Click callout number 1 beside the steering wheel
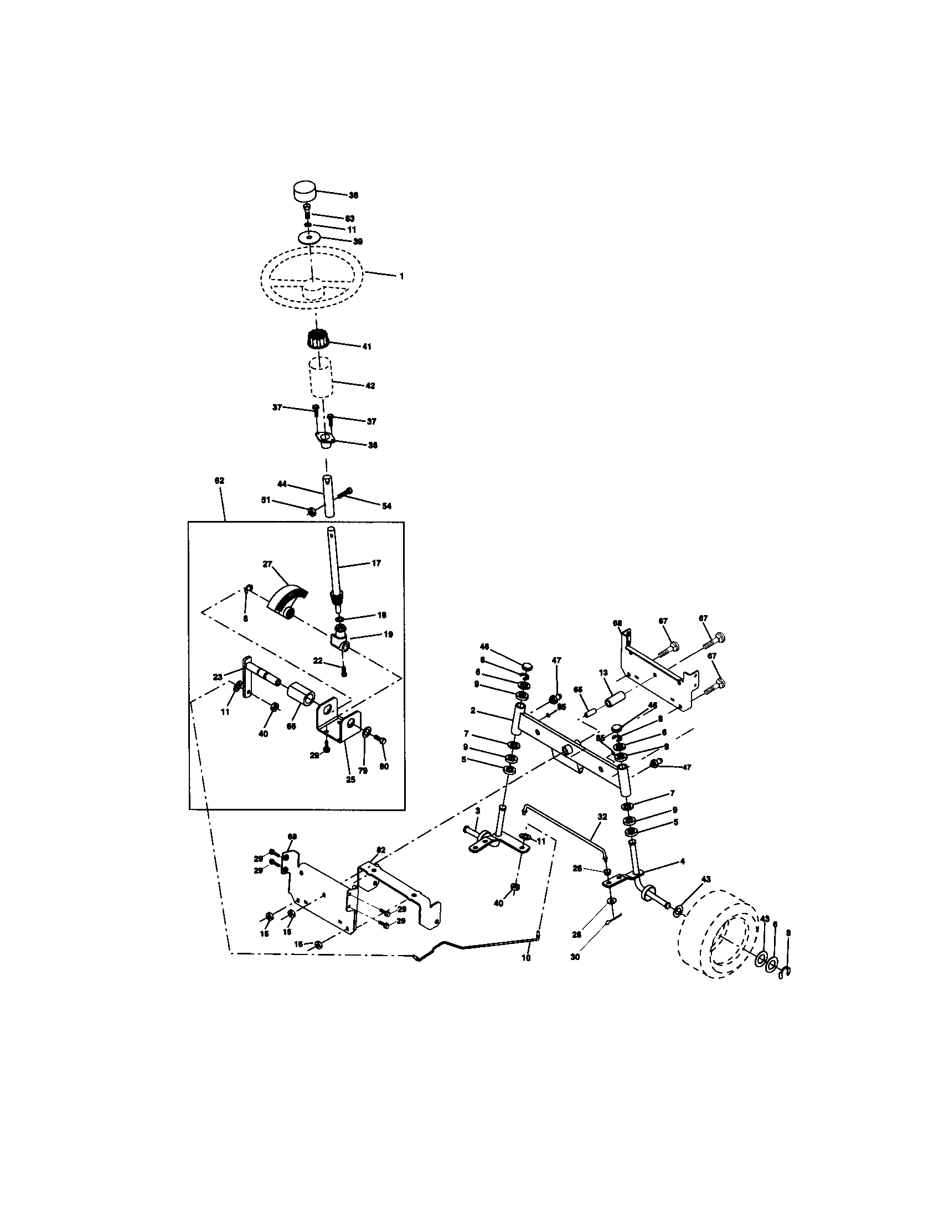[x=401, y=276]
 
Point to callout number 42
[x=370, y=385]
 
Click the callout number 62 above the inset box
[x=219, y=480]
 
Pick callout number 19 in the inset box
[x=388, y=634]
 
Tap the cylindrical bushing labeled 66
[x=302, y=696]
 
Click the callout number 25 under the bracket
[x=350, y=780]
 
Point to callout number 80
[x=384, y=766]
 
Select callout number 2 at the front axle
[x=472, y=710]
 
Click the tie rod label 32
[x=602, y=832]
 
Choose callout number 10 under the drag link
[x=525, y=958]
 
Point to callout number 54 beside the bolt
[x=386, y=506]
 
